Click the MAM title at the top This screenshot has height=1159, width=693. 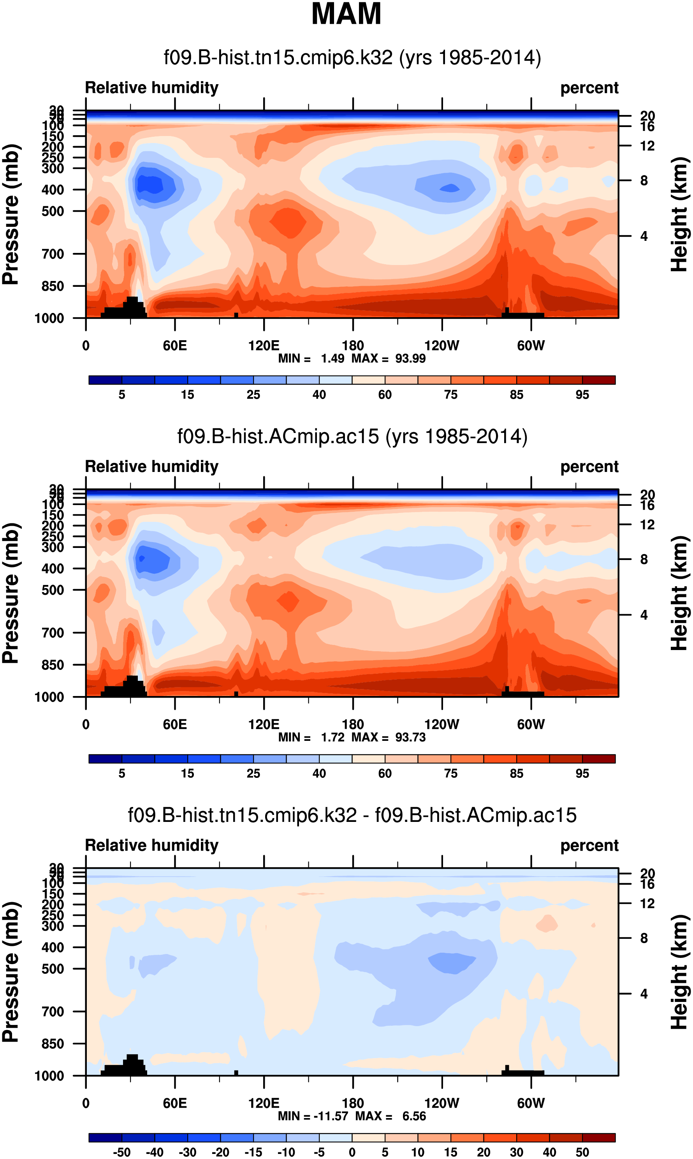(x=346, y=14)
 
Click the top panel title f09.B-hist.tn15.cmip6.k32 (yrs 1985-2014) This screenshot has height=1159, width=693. (x=352, y=58)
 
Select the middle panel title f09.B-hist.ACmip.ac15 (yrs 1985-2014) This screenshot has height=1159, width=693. (x=352, y=436)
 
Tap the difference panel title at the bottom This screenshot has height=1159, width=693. (x=352, y=814)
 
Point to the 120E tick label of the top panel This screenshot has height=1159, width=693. (x=264, y=346)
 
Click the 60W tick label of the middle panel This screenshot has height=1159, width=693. (x=531, y=724)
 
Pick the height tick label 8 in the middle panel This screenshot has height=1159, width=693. (x=644, y=559)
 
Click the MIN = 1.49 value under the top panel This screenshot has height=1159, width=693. (x=311, y=359)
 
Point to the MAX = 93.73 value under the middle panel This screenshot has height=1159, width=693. (x=389, y=737)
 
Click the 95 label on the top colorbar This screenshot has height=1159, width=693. (x=582, y=395)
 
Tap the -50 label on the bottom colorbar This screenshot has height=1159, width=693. (x=121, y=1152)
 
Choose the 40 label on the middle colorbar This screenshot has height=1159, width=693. (x=319, y=774)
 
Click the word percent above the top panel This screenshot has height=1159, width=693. (x=589, y=88)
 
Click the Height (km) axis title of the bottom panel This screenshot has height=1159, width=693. (x=679, y=972)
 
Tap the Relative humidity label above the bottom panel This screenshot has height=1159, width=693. (x=152, y=845)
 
